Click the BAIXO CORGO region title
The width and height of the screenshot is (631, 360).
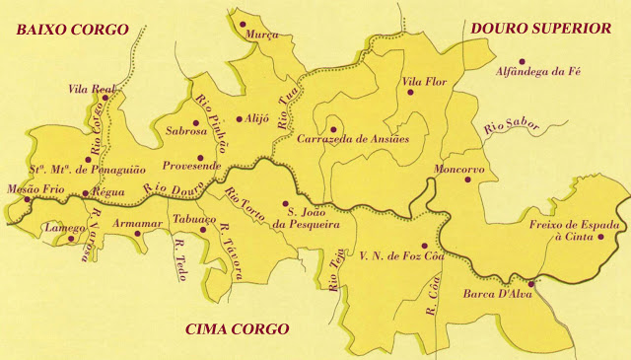[x=71, y=30]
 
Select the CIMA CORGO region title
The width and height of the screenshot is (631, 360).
[x=237, y=328]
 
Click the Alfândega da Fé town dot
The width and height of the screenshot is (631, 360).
[x=498, y=72]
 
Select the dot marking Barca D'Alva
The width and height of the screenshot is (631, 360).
[x=530, y=284]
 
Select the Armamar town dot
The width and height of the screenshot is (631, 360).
[x=137, y=234]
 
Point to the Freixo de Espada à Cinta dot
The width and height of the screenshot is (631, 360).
[x=600, y=237]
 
